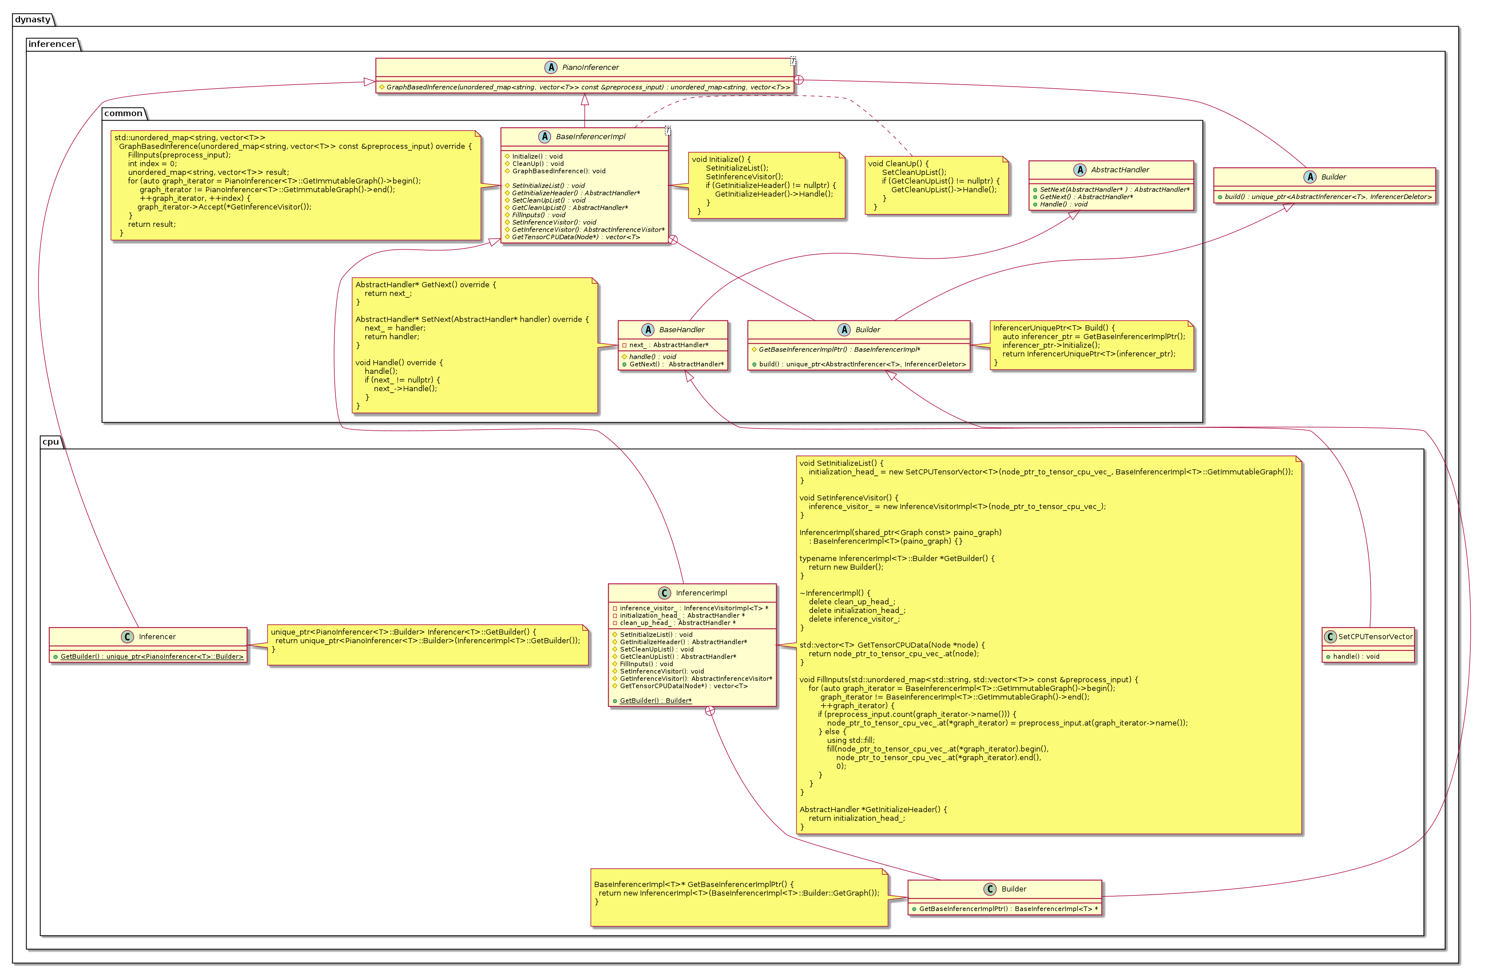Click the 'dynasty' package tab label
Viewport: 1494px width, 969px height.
[x=33, y=20]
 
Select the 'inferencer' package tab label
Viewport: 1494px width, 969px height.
[x=52, y=44]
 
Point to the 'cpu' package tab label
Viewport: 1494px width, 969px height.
[x=50, y=442]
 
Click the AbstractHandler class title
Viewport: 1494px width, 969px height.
[x=1120, y=170]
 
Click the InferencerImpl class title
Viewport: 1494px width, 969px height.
[x=701, y=593]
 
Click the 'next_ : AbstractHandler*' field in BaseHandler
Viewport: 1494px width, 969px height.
[x=669, y=345]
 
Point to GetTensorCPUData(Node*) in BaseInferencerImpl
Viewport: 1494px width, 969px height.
[x=576, y=237]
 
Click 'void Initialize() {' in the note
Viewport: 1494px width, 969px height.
[x=721, y=159]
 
